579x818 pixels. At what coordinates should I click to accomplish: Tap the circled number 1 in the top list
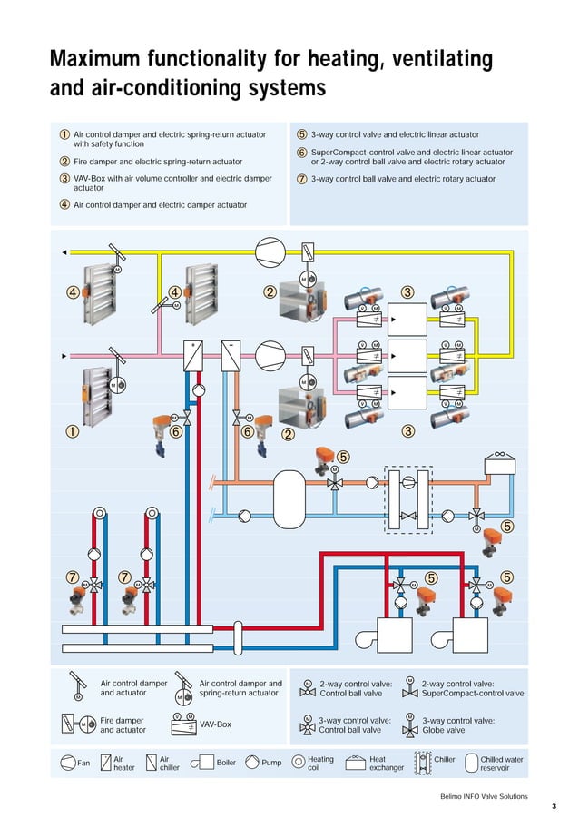click(x=65, y=134)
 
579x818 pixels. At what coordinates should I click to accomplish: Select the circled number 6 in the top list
click(x=301, y=153)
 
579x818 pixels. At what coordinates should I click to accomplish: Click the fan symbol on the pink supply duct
click(x=270, y=355)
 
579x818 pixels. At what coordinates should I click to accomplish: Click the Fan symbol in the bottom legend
click(x=66, y=763)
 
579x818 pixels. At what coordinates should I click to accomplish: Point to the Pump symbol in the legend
click(x=250, y=763)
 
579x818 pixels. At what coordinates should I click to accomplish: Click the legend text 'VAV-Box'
click(x=215, y=724)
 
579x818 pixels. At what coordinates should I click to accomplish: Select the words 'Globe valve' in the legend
click(x=444, y=729)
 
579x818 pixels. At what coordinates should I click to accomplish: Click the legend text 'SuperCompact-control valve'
click(x=472, y=693)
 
